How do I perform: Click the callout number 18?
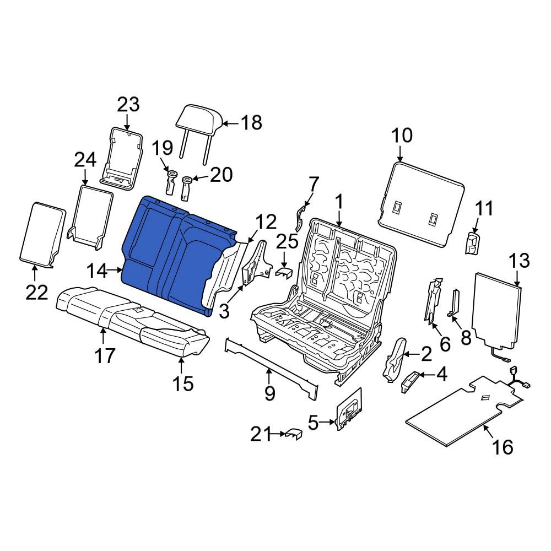point(251,122)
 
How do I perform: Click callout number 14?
point(97,271)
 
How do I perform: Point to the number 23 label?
point(128,104)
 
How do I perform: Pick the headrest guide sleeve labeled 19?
point(171,182)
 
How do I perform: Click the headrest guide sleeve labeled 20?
point(186,188)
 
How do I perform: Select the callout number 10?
point(402,136)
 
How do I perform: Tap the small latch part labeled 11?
point(473,242)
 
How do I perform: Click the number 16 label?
point(503,447)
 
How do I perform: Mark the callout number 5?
point(314,423)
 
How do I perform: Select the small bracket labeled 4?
point(409,381)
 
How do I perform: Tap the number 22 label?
point(36,292)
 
